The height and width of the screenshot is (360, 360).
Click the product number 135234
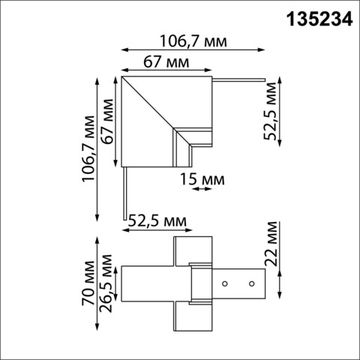click(312, 20)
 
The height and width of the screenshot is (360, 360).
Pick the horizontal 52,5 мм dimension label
click(154, 215)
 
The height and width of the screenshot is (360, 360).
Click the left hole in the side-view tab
click(223, 285)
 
